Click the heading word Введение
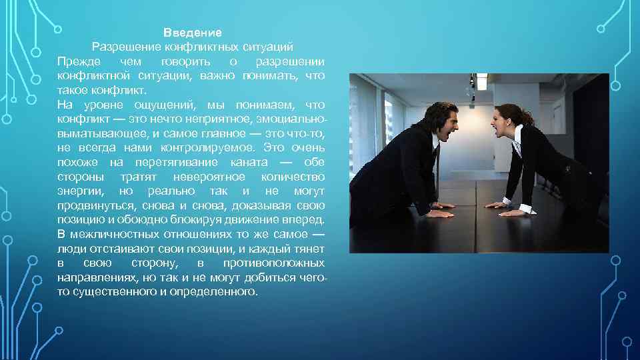(193, 32)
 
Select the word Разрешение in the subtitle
(121, 47)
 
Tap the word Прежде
(78, 61)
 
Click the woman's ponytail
(529, 117)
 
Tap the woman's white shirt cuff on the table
(527, 209)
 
